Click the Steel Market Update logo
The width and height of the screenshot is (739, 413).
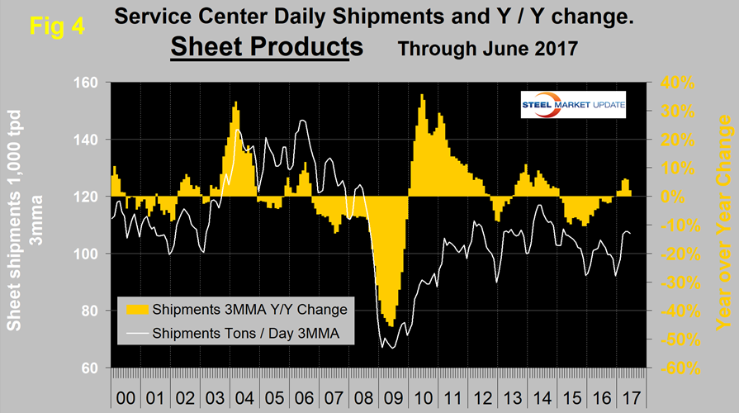575,106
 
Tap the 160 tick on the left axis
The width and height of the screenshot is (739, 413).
88,83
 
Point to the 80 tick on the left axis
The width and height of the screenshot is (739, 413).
92,311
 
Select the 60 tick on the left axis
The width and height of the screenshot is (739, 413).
92,368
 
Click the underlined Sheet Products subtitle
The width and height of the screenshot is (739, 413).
266,46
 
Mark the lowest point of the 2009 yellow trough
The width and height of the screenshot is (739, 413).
390,325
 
